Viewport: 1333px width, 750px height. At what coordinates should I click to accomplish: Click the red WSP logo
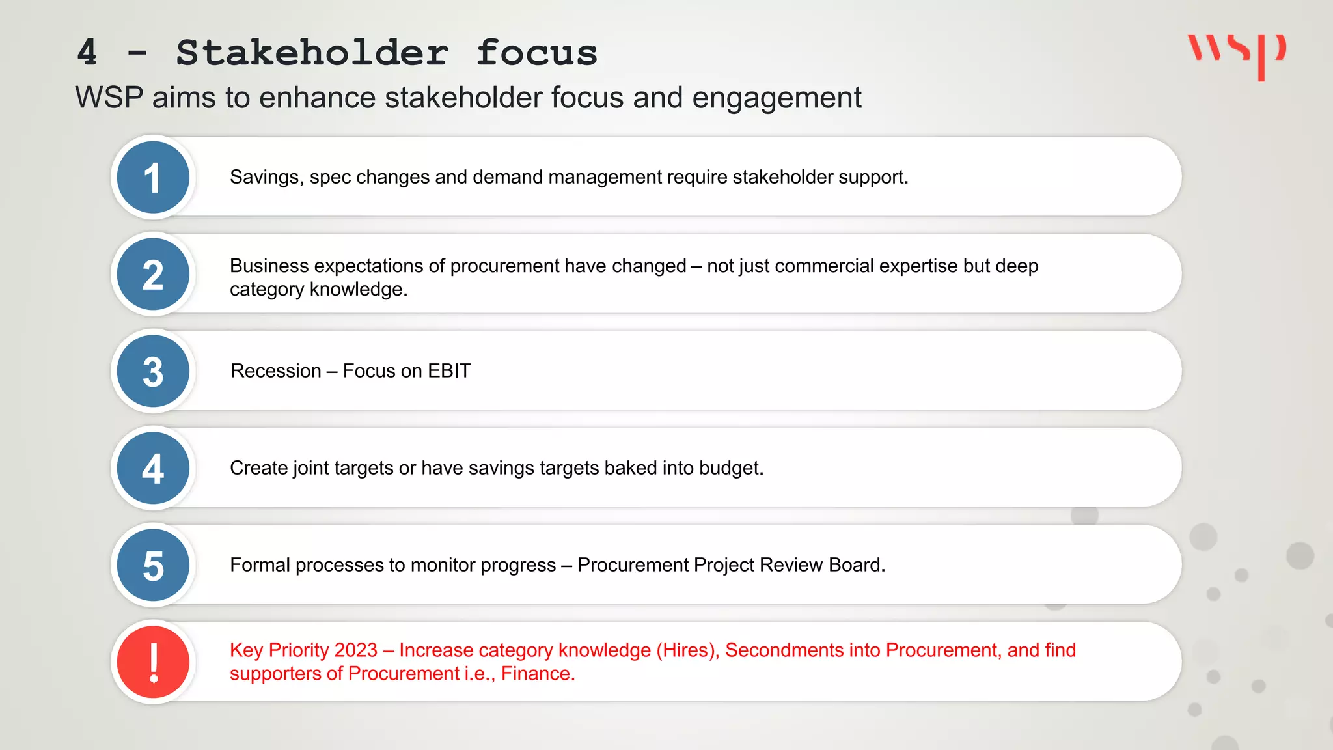point(1237,55)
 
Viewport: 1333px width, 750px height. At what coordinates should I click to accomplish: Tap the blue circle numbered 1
point(153,178)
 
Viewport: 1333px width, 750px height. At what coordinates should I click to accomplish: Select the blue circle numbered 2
point(153,274)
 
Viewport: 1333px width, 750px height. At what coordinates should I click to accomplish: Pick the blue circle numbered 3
point(153,371)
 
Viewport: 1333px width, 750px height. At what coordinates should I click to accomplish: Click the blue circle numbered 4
point(153,468)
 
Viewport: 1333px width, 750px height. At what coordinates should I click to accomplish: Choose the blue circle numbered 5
point(153,565)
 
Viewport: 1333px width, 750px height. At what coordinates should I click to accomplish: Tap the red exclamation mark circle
point(153,662)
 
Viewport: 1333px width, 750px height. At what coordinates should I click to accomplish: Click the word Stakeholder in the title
point(312,53)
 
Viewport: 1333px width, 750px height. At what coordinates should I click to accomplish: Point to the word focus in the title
point(536,53)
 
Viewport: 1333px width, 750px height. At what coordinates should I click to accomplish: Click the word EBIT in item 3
point(448,371)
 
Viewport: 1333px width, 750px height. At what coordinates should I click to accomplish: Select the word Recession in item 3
point(276,371)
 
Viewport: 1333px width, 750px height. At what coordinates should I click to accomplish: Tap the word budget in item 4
point(730,468)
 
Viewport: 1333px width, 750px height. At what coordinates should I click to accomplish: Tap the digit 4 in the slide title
point(87,53)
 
